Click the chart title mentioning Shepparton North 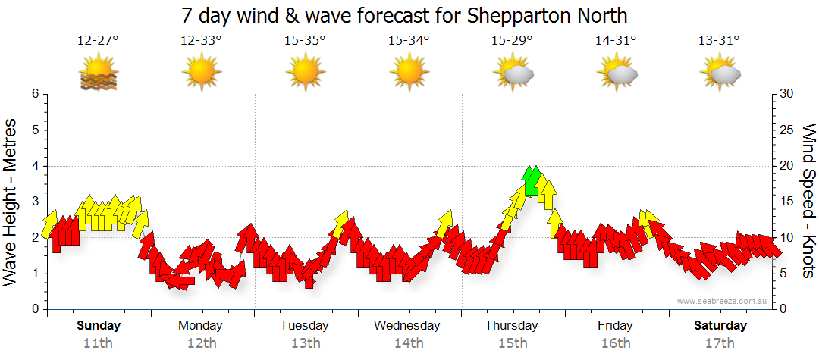coord(404,15)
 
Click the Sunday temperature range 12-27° coord(98,41)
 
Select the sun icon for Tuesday coord(305,73)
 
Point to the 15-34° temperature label coord(408,41)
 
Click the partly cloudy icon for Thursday coord(513,73)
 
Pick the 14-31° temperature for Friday coord(616,41)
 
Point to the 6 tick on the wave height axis coord(34,94)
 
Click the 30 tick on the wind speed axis coord(787,94)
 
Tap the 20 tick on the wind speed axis coord(787,166)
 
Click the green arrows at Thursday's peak coord(532,180)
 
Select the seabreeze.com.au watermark coord(723,301)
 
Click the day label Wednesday coord(406,326)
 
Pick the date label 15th coord(512,343)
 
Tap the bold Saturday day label coord(720,326)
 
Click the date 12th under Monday coord(200,343)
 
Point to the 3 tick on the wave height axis coord(34,202)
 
